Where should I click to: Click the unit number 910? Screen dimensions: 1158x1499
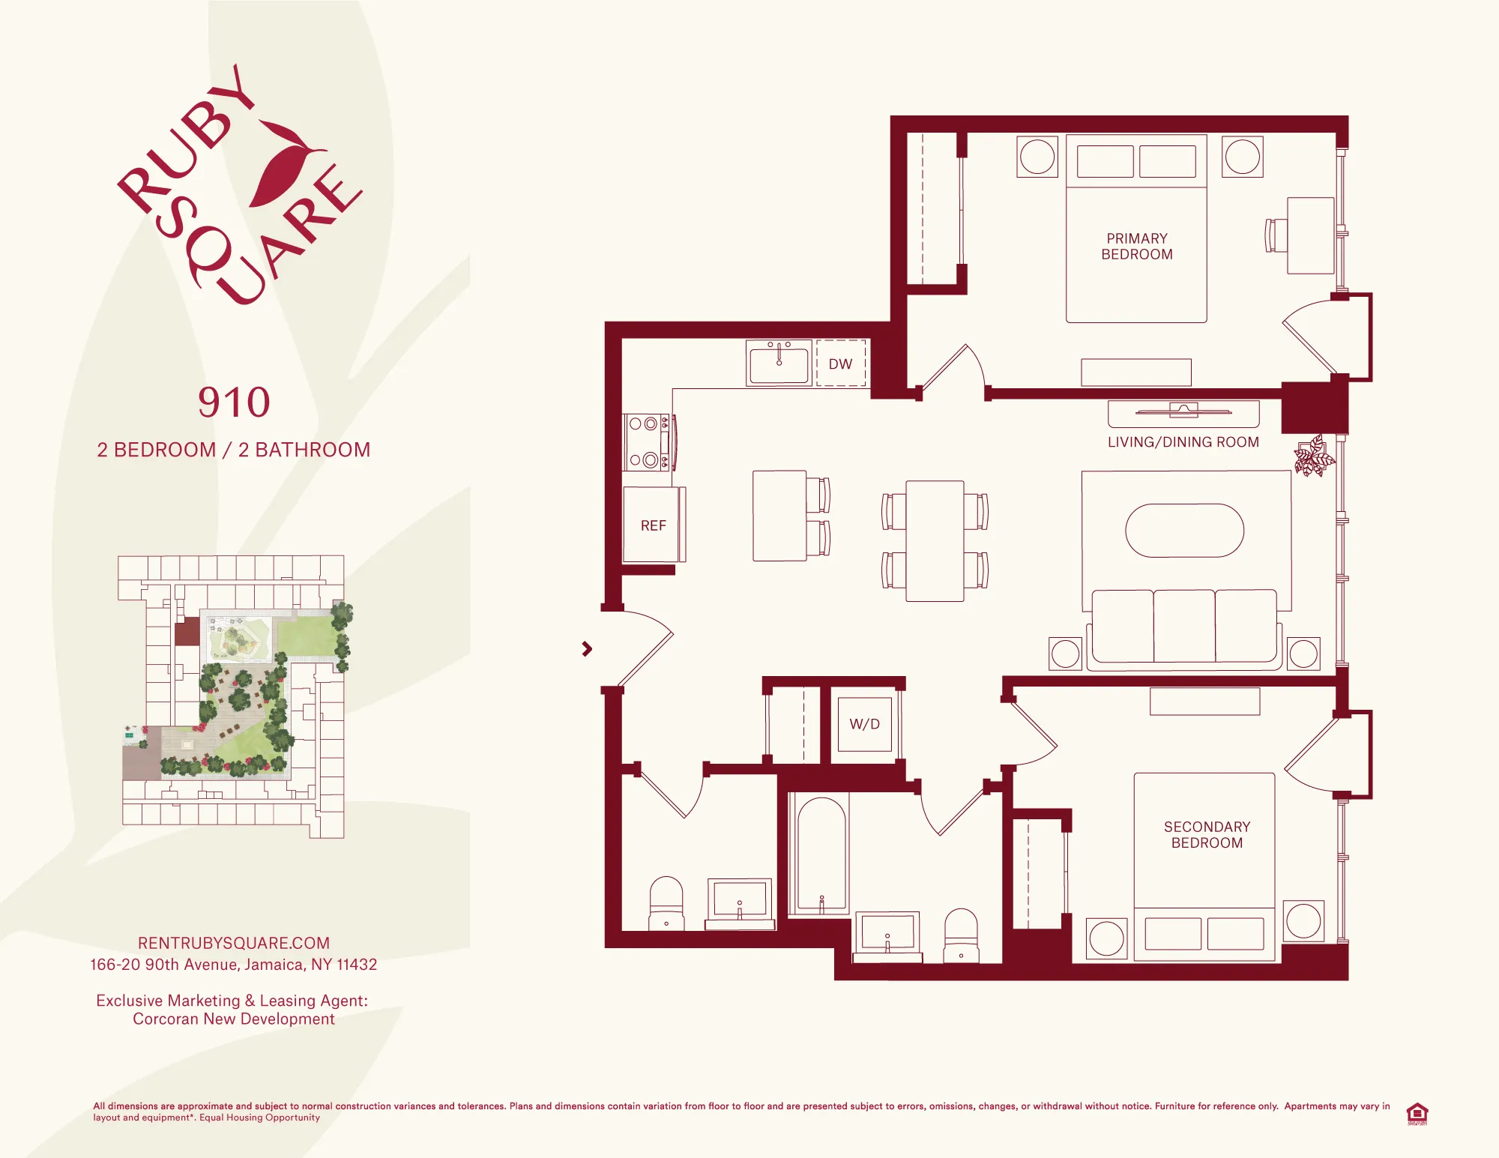coord(234,403)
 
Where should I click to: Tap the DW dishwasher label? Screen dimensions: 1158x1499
coord(840,364)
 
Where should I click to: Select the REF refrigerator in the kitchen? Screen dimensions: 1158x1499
coord(653,525)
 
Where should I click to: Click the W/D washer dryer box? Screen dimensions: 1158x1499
coord(864,724)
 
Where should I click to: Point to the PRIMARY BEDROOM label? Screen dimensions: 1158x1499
coord(1136,247)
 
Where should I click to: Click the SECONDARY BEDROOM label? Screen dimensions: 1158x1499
coord(1207,835)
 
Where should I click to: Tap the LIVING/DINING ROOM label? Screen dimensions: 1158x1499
coord(1183,442)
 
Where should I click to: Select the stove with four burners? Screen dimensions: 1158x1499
coord(647,441)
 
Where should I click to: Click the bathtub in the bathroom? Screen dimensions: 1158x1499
coord(821,854)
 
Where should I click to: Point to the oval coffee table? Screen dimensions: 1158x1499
coord(1184,531)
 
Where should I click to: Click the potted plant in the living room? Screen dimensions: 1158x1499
coord(1314,456)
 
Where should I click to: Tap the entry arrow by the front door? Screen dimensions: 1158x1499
coord(587,649)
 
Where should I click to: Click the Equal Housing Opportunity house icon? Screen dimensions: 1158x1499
coord(1417,1113)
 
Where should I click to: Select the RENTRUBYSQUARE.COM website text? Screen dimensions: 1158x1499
coord(234,943)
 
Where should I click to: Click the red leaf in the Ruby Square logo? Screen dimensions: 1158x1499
coord(281,165)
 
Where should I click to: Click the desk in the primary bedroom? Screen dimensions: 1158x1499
coord(1310,235)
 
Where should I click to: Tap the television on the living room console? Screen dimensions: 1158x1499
coord(1183,410)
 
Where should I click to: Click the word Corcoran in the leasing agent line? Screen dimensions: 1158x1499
coord(166,1019)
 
